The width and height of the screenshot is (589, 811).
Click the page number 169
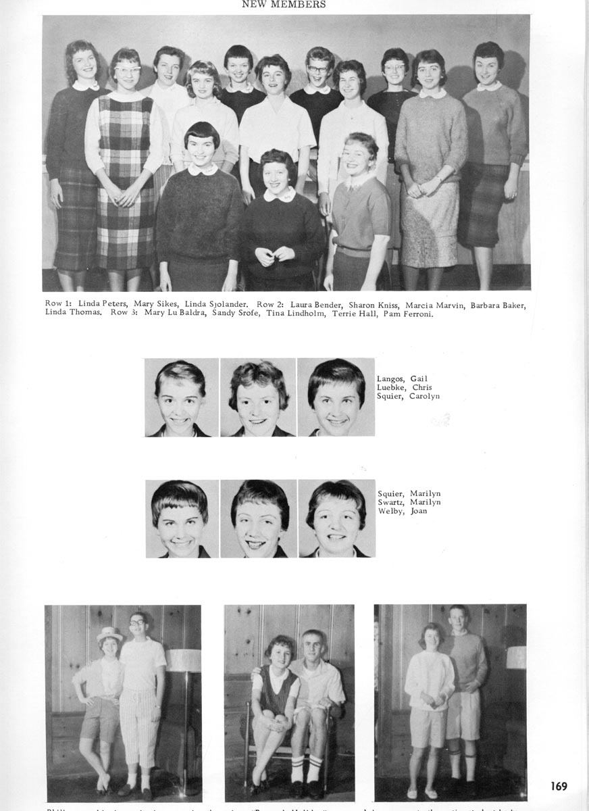[558, 786]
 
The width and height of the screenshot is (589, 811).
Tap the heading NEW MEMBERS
[284, 5]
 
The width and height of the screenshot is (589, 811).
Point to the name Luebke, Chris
[404, 387]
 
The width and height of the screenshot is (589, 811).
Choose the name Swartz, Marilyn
[409, 502]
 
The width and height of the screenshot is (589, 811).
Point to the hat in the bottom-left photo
[109, 635]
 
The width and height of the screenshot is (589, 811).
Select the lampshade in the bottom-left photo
[183, 659]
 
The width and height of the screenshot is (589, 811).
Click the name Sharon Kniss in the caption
[372, 304]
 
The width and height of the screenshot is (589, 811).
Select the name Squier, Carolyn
[408, 396]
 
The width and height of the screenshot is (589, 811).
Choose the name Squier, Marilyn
[409, 493]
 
